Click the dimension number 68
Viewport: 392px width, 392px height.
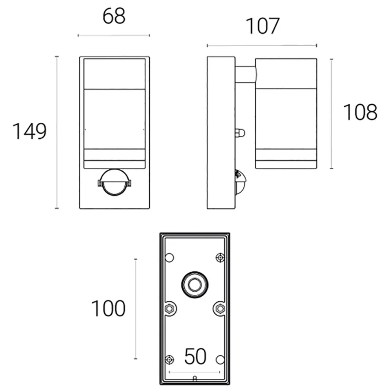pyautogui.click(x=114, y=16)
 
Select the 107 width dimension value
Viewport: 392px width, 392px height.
pyautogui.click(x=262, y=26)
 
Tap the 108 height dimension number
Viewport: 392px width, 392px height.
pyautogui.click(x=360, y=113)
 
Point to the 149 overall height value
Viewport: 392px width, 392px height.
pyautogui.click(x=30, y=131)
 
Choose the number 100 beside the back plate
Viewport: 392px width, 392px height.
pyautogui.click(x=108, y=309)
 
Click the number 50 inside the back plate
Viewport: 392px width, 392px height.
pyautogui.click(x=195, y=357)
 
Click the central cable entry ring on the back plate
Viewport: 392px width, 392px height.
pyautogui.click(x=194, y=283)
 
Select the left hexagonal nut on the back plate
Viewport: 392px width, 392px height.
pyautogui.click(x=169, y=309)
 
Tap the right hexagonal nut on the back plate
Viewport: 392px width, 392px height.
pyautogui.click(x=220, y=309)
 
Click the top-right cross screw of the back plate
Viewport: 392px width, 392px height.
pyautogui.click(x=220, y=257)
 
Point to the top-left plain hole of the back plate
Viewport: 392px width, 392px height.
pyautogui.click(x=169, y=258)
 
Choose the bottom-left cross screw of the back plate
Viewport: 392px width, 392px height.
pyautogui.click(x=169, y=359)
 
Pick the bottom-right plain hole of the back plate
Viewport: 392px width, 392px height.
pyautogui.click(x=220, y=359)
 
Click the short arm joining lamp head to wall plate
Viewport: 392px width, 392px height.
pyautogui.click(x=245, y=74)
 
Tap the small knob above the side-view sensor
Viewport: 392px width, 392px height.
pyautogui.click(x=240, y=133)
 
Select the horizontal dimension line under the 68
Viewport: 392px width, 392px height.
pyautogui.click(x=114, y=35)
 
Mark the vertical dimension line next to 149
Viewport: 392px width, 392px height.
pyautogui.click(x=57, y=132)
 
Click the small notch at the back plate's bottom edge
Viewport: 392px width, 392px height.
pyautogui.click(x=195, y=379)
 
